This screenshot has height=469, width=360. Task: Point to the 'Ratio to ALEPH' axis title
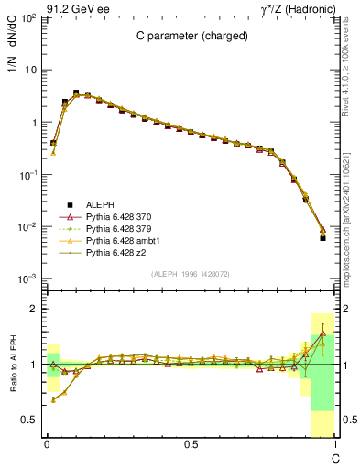click(13, 365)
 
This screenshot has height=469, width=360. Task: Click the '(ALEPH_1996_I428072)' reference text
click(189, 274)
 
